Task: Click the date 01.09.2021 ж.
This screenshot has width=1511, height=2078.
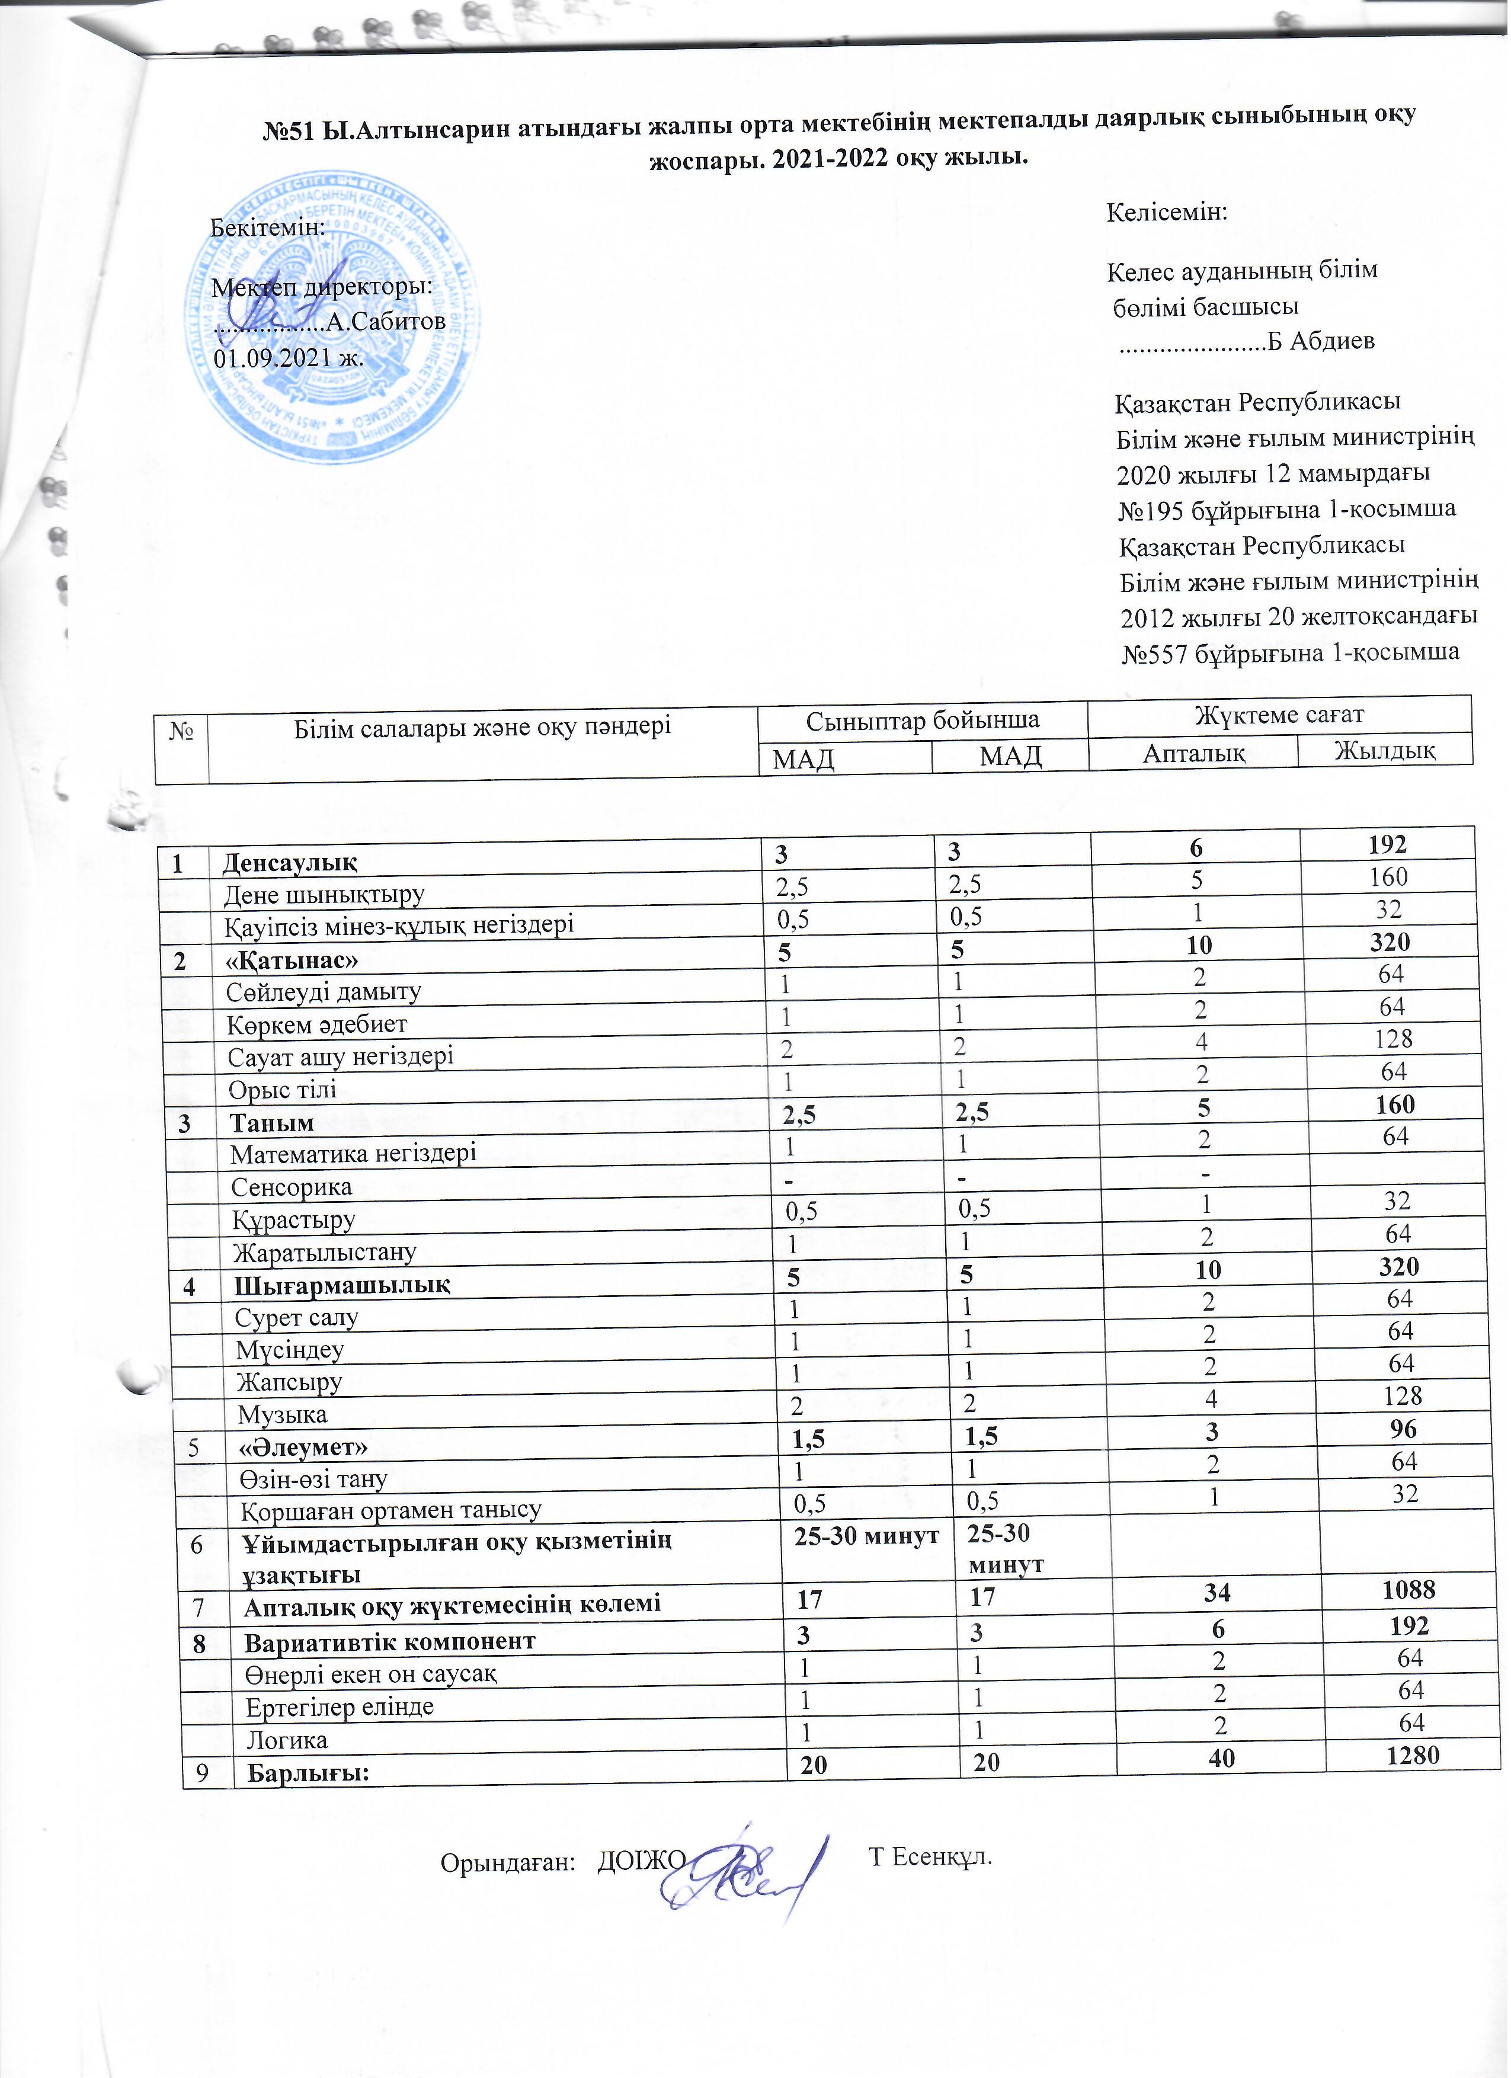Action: click(x=288, y=357)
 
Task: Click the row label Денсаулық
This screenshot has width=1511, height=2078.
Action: click(x=290, y=862)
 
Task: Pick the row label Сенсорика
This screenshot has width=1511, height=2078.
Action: click(x=292, y=1187)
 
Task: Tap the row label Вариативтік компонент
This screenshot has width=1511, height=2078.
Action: click(x=389, y=1641)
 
